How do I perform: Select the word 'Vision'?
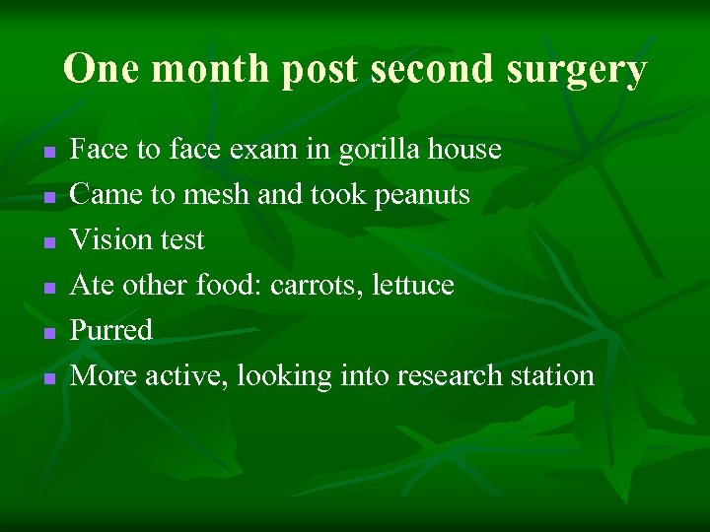coord(110,239)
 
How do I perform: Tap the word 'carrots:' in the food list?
coord(314,286)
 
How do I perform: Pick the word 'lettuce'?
coord(411,286)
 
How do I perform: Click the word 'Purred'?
coord(111,330)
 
